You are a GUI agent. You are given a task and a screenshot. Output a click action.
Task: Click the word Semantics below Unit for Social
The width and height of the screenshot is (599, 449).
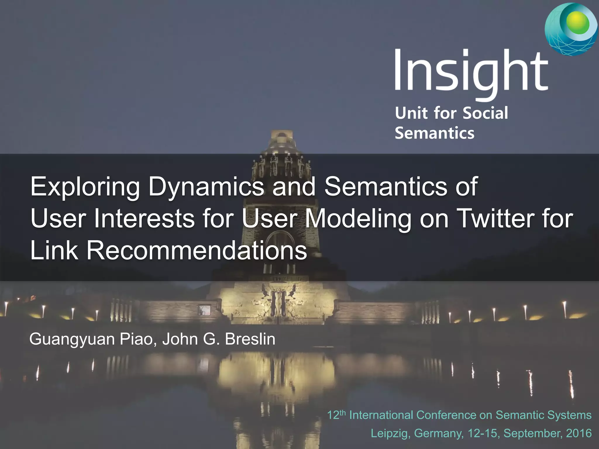pyautogui.click(x=434, y=133)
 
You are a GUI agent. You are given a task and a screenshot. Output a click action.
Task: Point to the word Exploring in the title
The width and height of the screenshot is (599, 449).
pyautogui.click(x=85, y=187)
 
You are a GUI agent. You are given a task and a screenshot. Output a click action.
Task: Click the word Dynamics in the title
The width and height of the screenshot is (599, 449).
pyautogui.click(x=206, y=187)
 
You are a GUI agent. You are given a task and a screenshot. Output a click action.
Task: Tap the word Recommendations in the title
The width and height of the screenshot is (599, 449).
pyautogui.click(x=197, y=251)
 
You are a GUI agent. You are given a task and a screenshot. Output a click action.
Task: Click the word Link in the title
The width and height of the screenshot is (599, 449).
pyautogui.click(x=54, y=251)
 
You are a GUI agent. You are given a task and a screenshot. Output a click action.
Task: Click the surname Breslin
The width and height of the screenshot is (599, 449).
pyautogui.click(x=250, y=339)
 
